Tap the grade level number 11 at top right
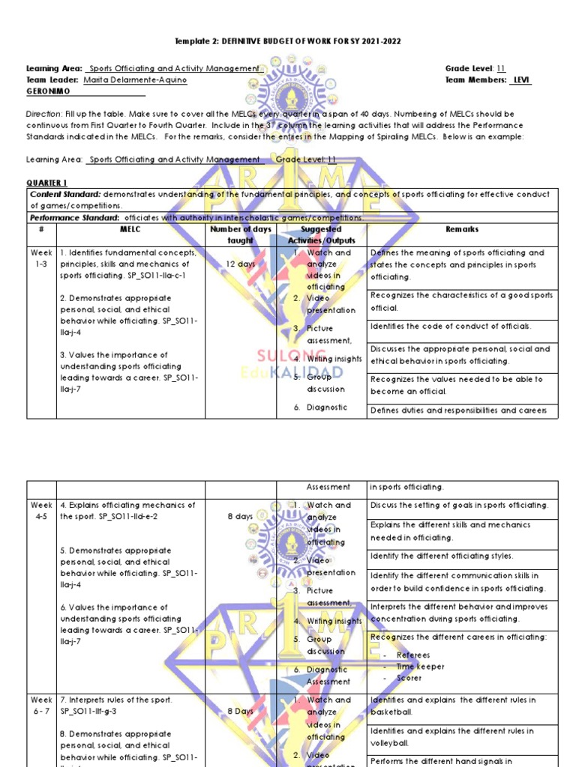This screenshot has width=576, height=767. click(x=501, y=68)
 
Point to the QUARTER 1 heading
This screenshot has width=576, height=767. click(x=47, y=183)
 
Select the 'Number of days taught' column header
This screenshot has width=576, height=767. click(x=241, y=235)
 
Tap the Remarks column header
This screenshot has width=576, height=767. click(x=462, y=229)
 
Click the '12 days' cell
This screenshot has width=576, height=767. click(x=241, y=264)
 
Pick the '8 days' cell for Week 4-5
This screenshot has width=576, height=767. click(x=241, y=517)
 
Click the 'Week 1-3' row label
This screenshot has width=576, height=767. click(x=41, y=258)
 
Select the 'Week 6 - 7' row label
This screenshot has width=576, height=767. click(x=41, y=706)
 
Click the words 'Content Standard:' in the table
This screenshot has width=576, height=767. click(x=65, y=194)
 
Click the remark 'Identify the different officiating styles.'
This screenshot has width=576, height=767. click(x=442, y=557)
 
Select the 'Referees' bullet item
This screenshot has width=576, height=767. click(x=413, y=655)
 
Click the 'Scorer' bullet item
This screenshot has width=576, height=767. click(x=409, y=678)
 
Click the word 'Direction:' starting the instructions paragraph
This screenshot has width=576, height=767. click(x=44, y=114)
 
